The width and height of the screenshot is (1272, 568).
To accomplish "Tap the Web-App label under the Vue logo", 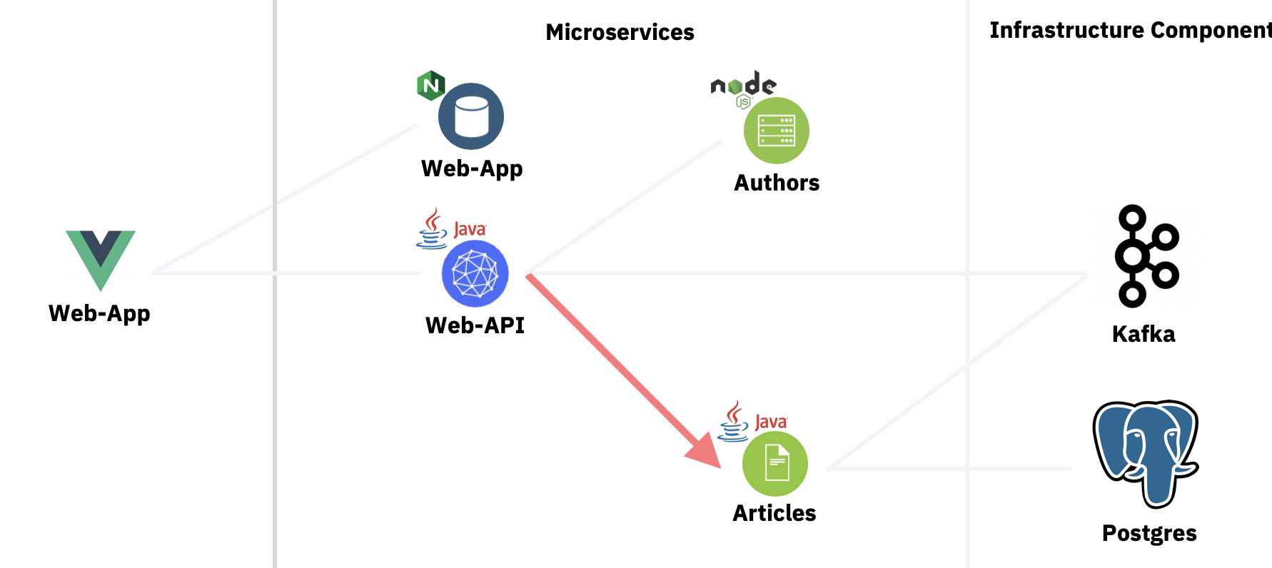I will (99, 313).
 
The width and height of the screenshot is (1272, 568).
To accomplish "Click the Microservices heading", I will (620, 32).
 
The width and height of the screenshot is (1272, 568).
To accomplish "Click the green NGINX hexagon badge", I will (430, 86).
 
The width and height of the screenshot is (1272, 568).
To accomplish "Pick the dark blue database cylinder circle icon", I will (471, 116).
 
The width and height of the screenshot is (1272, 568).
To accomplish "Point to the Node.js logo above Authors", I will (743, 87).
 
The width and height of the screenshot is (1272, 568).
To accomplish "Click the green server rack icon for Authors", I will (776, 131).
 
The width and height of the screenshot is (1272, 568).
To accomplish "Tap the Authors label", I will (777, 183).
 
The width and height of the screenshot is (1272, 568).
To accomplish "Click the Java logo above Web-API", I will (451, 228).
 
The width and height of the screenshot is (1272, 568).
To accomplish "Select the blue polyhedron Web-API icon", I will (475, 273).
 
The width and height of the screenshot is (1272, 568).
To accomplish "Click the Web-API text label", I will (475, 325).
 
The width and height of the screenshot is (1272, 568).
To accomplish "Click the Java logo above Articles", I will (752, 421).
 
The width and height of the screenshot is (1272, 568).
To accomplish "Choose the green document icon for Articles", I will (775, 463).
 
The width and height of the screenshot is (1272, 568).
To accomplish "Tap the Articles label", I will (774, 513).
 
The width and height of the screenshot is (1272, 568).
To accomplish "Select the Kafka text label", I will (1144, 334).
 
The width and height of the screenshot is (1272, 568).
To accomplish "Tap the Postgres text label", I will (1149, 533).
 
